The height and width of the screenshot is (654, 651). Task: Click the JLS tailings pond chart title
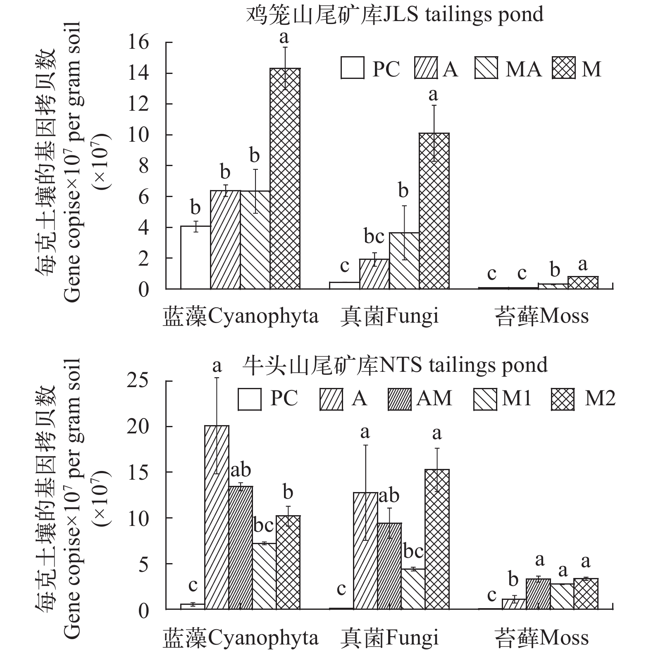[x=395, y=15]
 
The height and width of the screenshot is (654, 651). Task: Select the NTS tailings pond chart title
[x=395, y=365]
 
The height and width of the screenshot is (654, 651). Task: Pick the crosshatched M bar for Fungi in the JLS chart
[x=434, y=211]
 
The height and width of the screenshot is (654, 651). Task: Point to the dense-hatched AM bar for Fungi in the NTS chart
[x=389, y=566]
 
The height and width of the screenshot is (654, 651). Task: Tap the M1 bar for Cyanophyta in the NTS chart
[x=264, y=576]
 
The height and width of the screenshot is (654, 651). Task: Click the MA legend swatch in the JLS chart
[x=486, y=68]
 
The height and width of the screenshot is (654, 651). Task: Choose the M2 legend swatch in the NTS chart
[x=563, y=399]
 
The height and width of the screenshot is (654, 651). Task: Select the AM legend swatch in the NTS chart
[x=400, y=399]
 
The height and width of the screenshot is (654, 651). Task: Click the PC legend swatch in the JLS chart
[x=353, y=68]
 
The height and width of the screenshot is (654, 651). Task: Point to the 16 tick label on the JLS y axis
[x=138, y=43]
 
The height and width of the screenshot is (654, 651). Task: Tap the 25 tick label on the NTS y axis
[x=138, y=381]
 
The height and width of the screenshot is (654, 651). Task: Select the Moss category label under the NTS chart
[x=541, y=637]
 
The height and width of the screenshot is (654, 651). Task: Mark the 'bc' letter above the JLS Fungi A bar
[x=374, y=236]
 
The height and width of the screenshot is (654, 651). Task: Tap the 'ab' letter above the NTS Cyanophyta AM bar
[x=241, y=470]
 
